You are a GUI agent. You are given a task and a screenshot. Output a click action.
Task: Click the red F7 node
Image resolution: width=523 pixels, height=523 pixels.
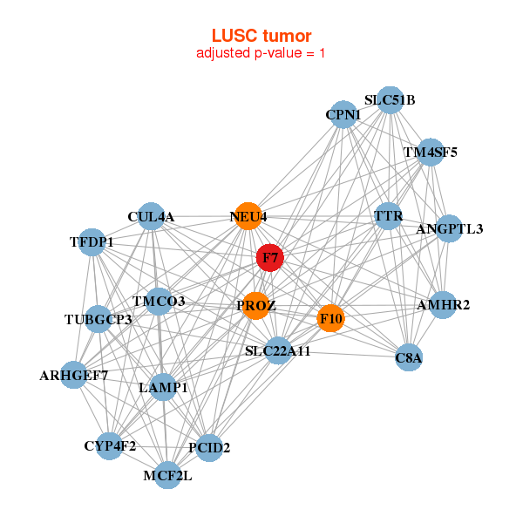269,258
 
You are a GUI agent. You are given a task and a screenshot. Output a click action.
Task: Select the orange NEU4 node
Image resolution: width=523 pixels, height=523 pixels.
248,216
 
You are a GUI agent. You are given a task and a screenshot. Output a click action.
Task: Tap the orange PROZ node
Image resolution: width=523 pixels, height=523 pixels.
255,305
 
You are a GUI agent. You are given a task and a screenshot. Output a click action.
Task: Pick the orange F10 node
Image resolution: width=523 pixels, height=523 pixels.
331,318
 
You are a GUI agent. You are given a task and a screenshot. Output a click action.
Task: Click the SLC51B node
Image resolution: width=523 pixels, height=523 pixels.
390,100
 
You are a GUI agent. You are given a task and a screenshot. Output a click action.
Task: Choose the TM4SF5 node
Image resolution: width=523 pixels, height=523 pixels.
431,153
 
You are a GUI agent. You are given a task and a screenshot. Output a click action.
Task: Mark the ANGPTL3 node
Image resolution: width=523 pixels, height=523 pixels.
449,229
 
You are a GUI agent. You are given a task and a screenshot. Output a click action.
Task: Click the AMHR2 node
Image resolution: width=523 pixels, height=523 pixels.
443,305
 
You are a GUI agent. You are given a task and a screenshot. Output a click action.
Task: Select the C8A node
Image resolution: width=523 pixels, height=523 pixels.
409,357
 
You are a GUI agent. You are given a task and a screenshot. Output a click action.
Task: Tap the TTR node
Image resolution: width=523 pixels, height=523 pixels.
387,215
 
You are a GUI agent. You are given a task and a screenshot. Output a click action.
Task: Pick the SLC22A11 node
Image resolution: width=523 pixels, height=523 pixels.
277,350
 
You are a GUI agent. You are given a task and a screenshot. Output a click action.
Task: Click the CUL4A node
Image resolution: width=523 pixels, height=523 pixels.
152,216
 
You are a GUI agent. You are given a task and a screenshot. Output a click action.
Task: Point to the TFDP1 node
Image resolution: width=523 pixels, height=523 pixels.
92,241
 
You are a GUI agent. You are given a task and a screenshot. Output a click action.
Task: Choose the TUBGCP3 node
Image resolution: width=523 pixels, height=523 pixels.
98,320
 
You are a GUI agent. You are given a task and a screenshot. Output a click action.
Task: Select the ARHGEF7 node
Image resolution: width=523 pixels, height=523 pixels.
74,376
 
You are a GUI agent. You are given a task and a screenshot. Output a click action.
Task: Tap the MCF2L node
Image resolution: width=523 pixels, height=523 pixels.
168,476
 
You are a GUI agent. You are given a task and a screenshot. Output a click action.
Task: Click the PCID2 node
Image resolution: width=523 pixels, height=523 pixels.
209,448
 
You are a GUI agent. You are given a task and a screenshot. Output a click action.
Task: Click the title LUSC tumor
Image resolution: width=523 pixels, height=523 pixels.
261,36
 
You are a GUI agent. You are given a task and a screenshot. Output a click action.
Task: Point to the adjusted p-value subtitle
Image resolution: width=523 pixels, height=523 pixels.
261,53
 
